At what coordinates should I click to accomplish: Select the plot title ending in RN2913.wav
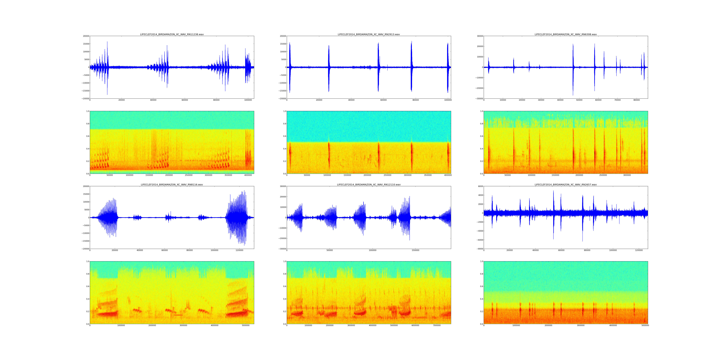(x=369, y=34)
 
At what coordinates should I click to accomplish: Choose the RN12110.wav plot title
(x=369, y=185)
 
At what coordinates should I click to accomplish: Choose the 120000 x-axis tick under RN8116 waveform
(x=239, y=250)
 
